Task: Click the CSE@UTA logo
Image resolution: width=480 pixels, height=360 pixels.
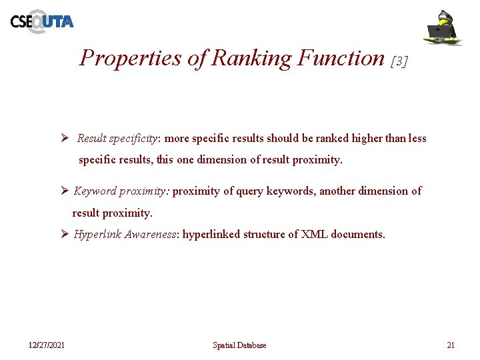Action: (x=41, y=21)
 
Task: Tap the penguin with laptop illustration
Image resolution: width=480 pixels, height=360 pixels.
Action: (x=443, y=27)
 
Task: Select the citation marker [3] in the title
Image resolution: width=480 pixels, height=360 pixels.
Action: (x=398, y=61)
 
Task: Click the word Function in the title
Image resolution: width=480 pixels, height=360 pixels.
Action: (x=341, y=58)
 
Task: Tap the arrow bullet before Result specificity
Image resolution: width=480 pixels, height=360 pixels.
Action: (x=65, y=139)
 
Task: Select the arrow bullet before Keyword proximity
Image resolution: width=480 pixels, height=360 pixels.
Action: (x=65, y=191)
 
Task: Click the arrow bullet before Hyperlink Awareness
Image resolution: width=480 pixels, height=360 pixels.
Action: (x=65, y=234)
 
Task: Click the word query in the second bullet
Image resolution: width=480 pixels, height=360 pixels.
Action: (x=250, y=191)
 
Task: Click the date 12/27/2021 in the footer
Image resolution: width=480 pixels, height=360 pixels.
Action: (x=46, y=345)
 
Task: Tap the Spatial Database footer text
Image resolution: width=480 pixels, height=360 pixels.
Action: (x=239, y=345)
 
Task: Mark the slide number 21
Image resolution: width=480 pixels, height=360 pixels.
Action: (x=450, y=345)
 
